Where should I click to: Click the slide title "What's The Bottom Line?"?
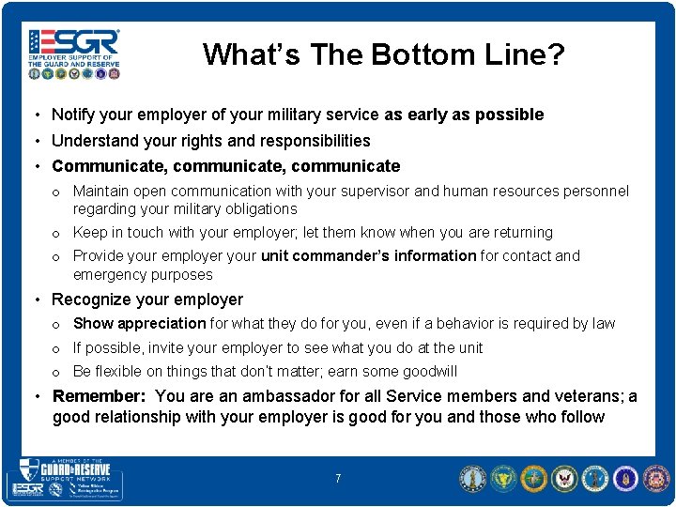pos(384,54)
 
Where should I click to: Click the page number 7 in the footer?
pos(338,479)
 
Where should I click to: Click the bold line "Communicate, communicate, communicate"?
pos(225,166)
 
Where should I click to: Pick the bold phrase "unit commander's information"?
pos(368,255)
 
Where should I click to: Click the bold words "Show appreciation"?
pos(139,323)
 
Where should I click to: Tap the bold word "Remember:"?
pos(100,396)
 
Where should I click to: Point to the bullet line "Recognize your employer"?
pos(146,300)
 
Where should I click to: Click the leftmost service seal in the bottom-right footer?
pos(472,479)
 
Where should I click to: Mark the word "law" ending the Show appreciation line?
pos(604,323)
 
